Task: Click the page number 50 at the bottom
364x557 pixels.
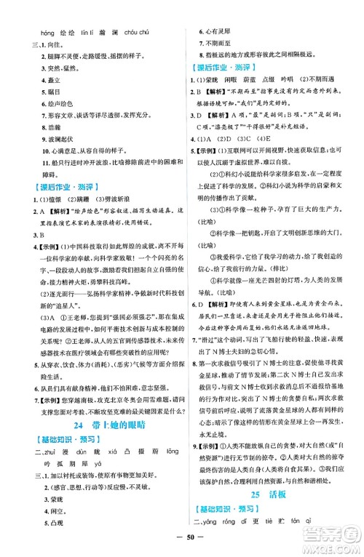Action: click(181, 542)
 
